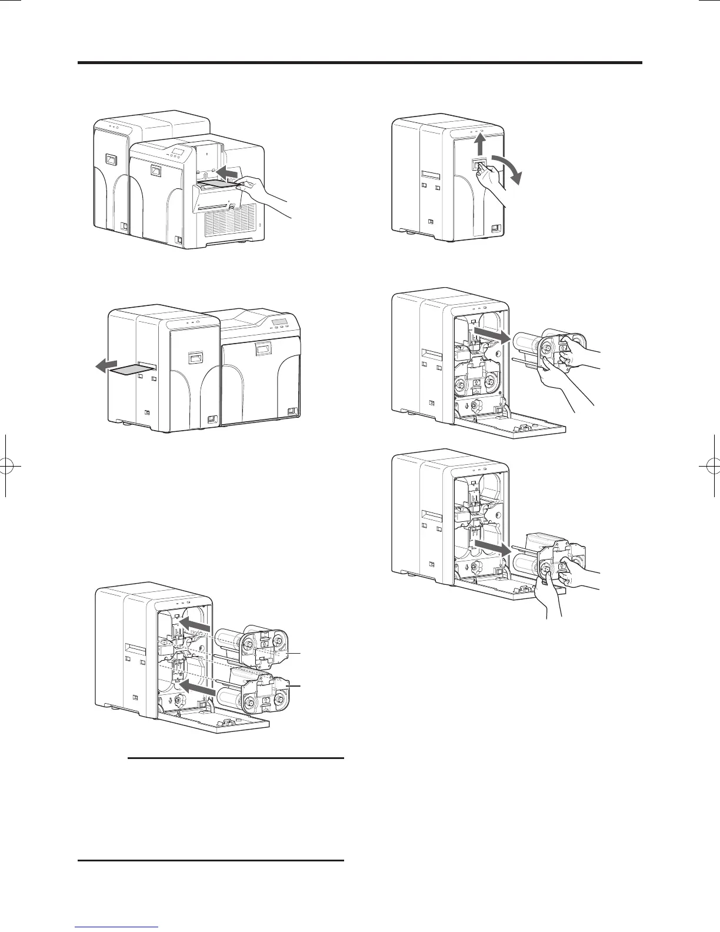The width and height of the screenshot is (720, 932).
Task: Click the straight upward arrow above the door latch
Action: pyautogui.click(x=480, y=144)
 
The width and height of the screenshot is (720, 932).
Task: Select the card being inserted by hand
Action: pyautogui.click(x=221, y=185)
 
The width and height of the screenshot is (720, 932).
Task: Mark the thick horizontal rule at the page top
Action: pyautogui.click(x=360, y=62)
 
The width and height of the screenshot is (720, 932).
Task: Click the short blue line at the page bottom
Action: pyautogui.click(x=117, y=927)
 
